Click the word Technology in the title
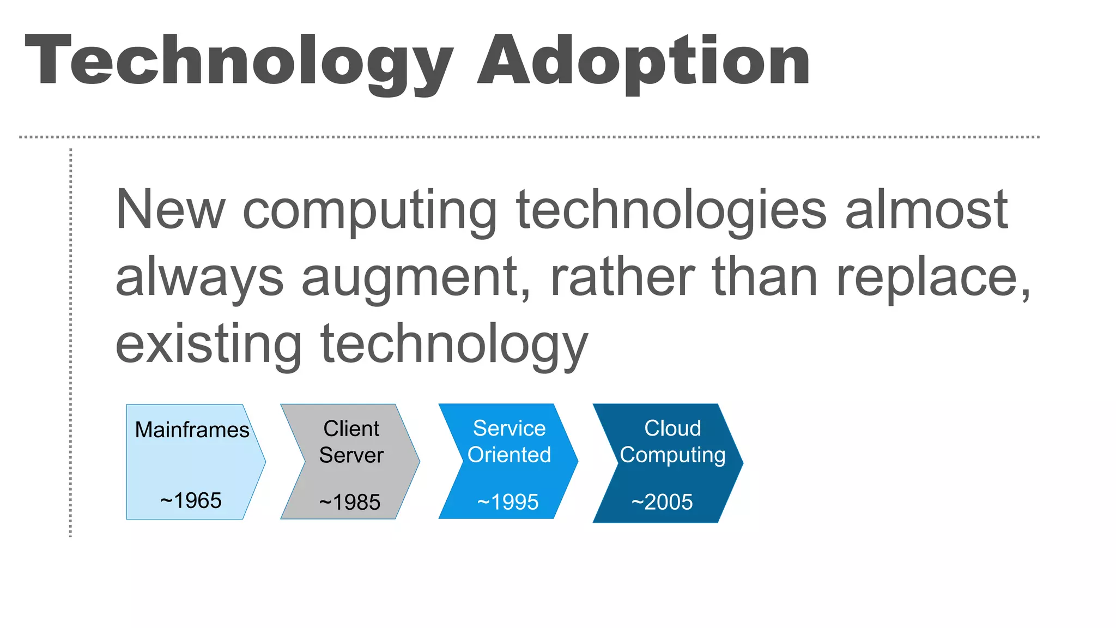point(239,61)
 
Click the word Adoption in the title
point(644,61)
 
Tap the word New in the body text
point(170,210)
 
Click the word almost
point(926,210)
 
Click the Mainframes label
point(192,430)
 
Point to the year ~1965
point(191,500)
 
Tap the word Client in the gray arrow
point(351,428)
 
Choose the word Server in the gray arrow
point(351,455)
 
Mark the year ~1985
point(349,502)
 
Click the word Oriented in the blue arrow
point(509,455)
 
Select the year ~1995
point(507,502)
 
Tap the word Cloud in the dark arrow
point(672,428)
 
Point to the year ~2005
point(662,502)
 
